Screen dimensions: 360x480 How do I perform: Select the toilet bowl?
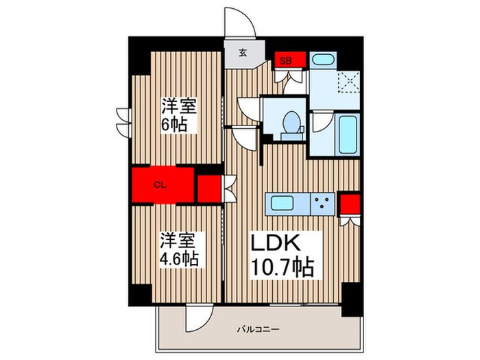(291, 122)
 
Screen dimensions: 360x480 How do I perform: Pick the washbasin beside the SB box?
(322, 60)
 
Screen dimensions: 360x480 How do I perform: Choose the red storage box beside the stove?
(350, 204)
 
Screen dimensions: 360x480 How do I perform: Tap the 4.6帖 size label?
(180, 259)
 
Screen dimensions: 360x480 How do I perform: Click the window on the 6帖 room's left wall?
(123, 121)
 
